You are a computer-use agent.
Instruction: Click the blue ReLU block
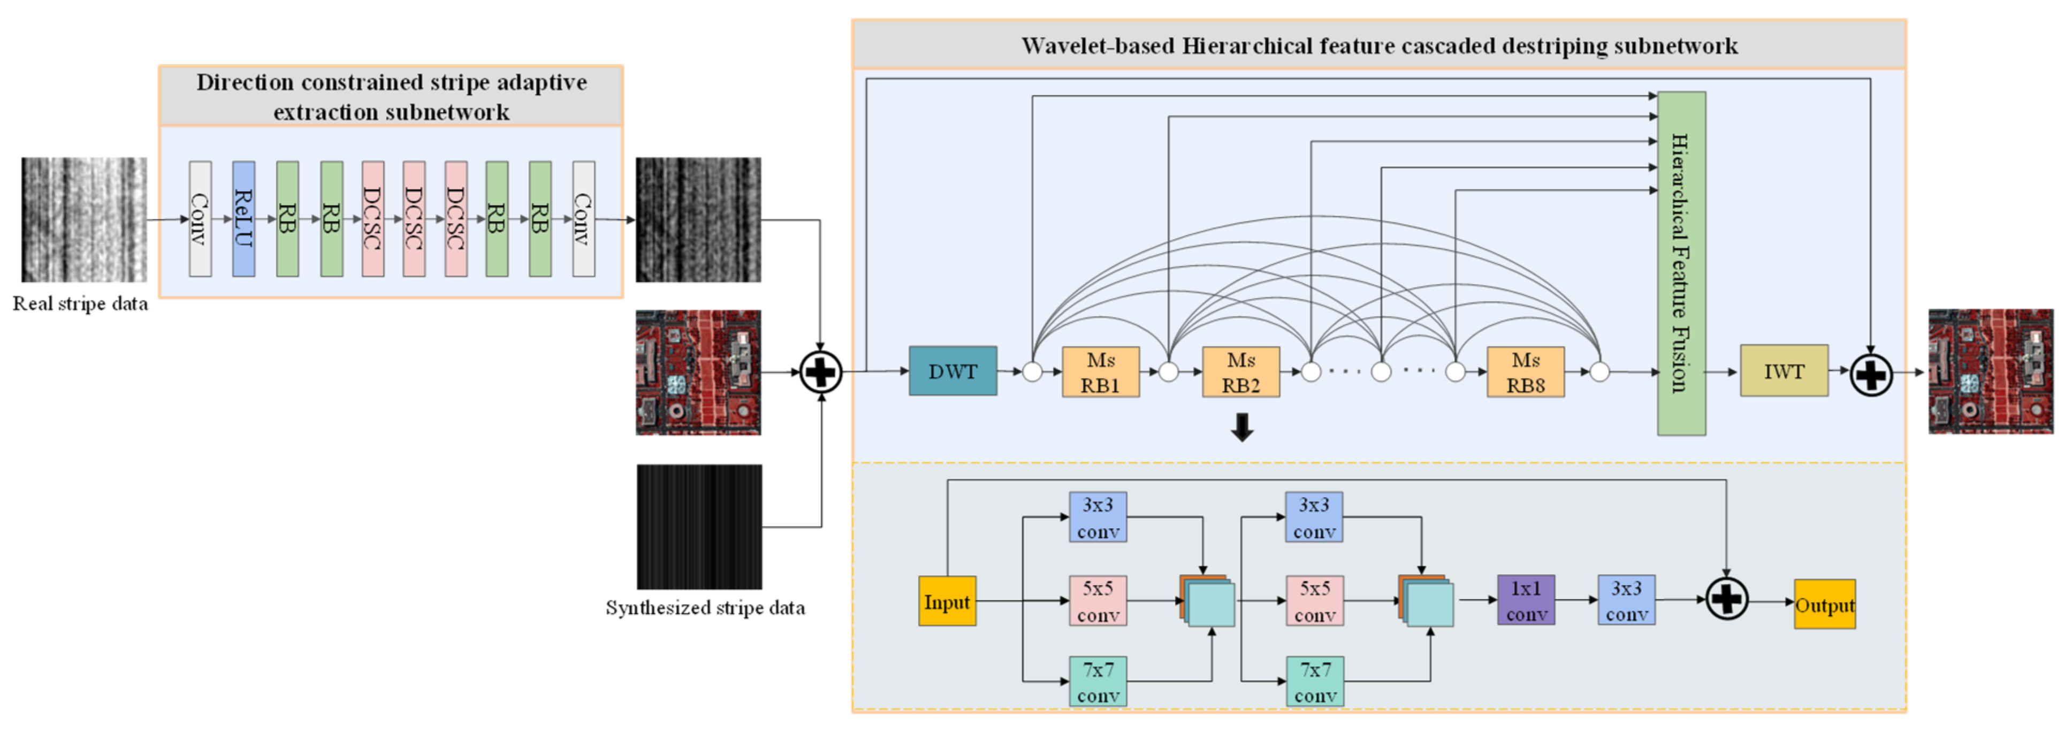(x=243, y=219)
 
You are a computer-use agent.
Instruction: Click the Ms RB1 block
(x=1100, y=372)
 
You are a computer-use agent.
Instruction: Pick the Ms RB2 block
(x=1240, y=372)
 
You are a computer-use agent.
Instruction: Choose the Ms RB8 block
(x=1525, y=372)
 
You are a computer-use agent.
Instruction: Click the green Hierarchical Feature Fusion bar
(x=1681, y=263)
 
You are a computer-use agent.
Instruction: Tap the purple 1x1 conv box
(x=1525, y=600)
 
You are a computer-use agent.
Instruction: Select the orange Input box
(x=947, y=601)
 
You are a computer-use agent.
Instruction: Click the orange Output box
(x=1824, y=604)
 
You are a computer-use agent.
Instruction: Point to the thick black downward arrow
(x=1242, y=426)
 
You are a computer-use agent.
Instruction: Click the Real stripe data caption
(x=80, y=304)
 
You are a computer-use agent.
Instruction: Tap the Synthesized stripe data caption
(x=705, y=608)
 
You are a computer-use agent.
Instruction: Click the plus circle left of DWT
(x=820, y=372)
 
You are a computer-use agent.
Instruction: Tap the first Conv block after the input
(x=200, y=219)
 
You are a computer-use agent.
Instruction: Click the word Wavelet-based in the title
(x=1097, y=46)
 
